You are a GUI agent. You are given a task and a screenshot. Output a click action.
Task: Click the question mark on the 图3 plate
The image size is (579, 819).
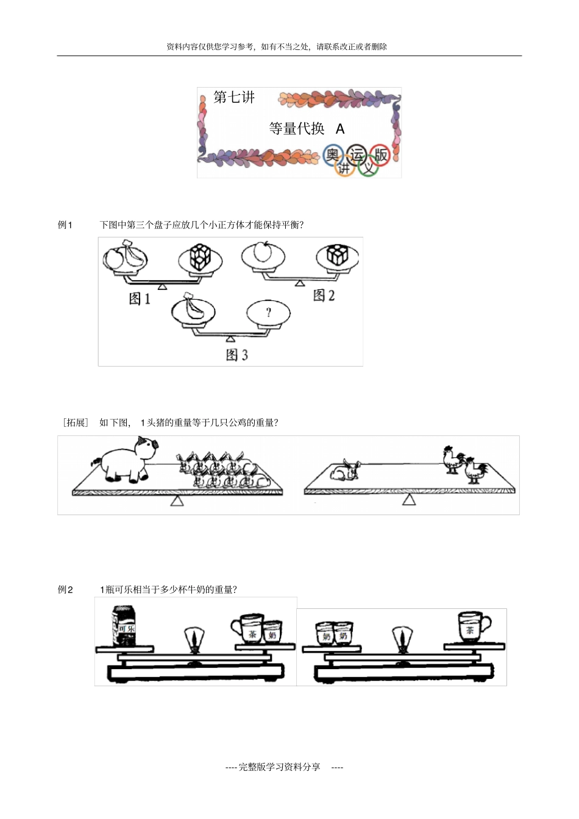268,312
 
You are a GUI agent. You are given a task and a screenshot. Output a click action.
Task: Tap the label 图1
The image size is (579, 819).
140,298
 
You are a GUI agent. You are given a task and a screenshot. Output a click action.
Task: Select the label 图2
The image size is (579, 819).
324,295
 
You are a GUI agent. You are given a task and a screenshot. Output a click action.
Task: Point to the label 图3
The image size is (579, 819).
236,355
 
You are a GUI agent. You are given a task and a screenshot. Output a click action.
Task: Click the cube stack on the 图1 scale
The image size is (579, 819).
200,257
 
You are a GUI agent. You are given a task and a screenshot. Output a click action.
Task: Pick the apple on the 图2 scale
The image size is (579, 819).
262,251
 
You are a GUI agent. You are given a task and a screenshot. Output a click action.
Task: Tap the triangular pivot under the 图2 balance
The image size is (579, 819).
299,283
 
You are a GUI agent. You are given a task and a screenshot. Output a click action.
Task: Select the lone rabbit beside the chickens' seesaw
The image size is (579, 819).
345,470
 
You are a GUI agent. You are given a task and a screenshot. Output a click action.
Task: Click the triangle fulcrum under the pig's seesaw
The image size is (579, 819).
177,501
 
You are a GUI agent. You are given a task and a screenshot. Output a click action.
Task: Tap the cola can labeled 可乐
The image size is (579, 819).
124,625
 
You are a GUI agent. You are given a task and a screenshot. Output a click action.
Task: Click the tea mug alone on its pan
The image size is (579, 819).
472,626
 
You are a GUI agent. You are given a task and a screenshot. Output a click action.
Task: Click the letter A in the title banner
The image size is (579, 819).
340,129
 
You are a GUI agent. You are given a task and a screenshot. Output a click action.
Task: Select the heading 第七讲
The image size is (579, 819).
234,97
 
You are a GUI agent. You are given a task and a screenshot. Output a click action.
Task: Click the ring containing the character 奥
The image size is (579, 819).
332,155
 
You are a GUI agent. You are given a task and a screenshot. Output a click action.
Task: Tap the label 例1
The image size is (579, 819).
65,225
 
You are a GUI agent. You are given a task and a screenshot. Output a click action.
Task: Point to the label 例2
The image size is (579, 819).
65,589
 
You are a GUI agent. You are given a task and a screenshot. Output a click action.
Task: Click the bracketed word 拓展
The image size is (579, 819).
76,423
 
